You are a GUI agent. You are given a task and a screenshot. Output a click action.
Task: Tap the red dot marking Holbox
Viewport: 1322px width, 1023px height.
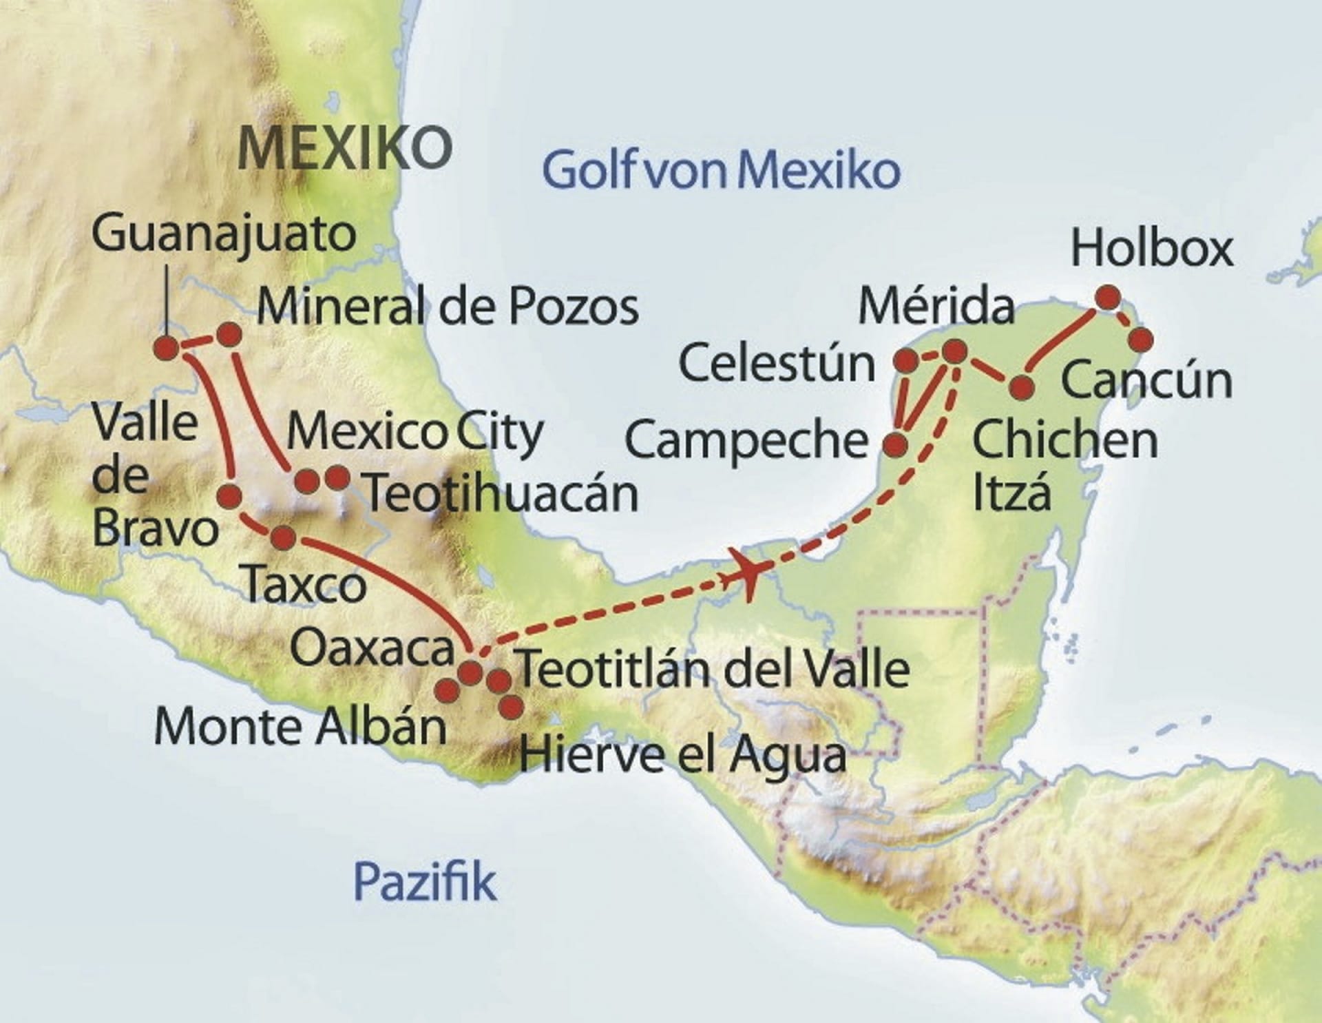pyautogui.click(x=1108, y=298)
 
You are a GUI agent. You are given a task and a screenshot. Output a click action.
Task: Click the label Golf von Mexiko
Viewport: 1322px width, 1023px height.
pyautogui.click(x=721, y=170)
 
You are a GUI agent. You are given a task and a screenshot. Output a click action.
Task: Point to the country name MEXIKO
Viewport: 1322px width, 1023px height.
pyautogui.click(x=344, y=147)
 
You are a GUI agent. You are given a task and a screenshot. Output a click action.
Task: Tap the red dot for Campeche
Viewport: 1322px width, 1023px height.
pyautogui.click(x=895, y=445)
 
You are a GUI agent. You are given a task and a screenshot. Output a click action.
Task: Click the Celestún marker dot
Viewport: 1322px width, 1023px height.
pyautogui.click(x=905, y=360)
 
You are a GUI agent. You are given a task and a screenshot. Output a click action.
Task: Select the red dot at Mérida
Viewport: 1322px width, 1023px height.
pyautogui.click(x=955, y=351)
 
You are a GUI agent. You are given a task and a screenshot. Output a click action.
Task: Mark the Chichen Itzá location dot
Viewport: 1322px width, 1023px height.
pyautogui.click(x=1021, y=387)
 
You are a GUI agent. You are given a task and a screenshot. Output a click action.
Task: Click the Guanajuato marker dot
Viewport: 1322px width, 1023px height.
pyautogui.click(x=167, y=348)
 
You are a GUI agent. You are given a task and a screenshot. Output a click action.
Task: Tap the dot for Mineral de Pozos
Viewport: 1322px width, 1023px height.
pyautogui.click(x=229, y=334)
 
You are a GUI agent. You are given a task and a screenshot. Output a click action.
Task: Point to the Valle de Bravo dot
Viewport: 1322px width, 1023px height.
pyautogui.click(x=229, y=495)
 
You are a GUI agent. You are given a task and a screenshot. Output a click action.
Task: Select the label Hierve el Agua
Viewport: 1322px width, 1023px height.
pyautogui.click(x=682, y=754)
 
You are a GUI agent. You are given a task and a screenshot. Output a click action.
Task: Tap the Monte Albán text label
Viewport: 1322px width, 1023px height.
pyautogui.click(x=301, y=727)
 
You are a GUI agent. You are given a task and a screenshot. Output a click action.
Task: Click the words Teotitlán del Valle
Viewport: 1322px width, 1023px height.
pyautogui.click(x=713, y=668)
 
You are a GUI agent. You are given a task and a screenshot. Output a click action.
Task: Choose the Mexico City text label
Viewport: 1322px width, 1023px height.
pyautogui.click(x=415, y=433)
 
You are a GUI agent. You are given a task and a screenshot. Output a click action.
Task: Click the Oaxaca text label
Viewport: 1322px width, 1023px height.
pyautogui.click(x=373, y=649)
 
